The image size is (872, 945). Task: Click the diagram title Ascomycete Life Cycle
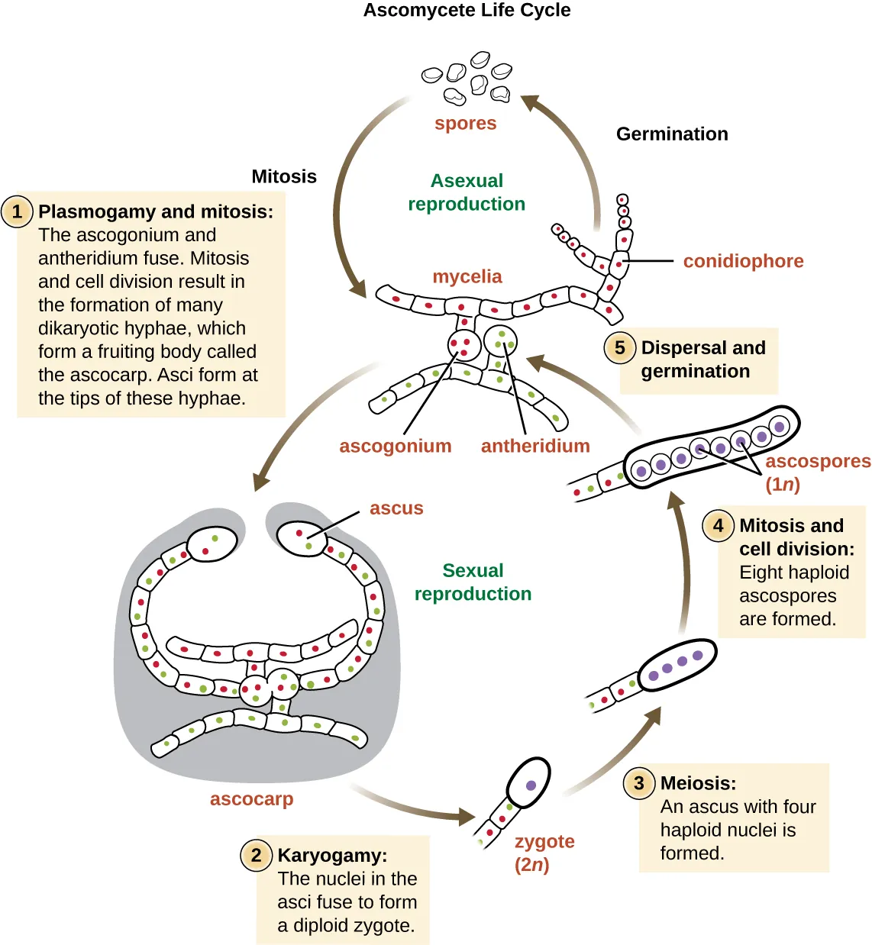coord(467,11)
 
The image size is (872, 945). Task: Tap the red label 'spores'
coord(465,123)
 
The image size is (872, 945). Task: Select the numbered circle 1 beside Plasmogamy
coord(18,211)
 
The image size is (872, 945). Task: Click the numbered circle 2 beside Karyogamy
coord(257,855)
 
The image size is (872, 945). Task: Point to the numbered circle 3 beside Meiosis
coord(639,783)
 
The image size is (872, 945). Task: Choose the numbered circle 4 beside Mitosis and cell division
coord(718,526)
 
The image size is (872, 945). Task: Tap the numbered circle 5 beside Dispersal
coord(620,348)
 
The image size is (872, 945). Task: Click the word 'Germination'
coord(672,134)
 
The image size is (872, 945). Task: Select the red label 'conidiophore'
coord(743,261)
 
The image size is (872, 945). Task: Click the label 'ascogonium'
coord(396,446)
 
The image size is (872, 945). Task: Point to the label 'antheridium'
coord(535,446)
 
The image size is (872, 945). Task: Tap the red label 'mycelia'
coord(467,276)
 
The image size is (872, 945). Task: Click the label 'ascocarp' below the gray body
coord(251,799)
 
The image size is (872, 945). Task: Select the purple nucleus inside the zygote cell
coord(531,785)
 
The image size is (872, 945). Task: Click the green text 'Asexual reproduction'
coord(467,192)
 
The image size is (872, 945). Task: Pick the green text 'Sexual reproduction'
coord(473,582)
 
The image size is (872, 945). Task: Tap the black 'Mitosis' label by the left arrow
coord(284,176)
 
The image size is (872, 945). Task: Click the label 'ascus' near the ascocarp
coord(396,508)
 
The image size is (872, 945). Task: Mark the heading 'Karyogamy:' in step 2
coord(332,856)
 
